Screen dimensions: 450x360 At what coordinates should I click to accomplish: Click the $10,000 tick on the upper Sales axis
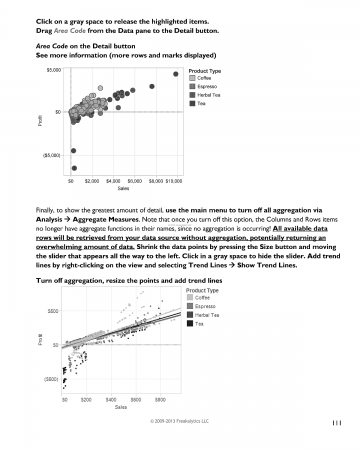coord(172,183)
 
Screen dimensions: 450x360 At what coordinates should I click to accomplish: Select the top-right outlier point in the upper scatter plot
coord(176,73)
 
